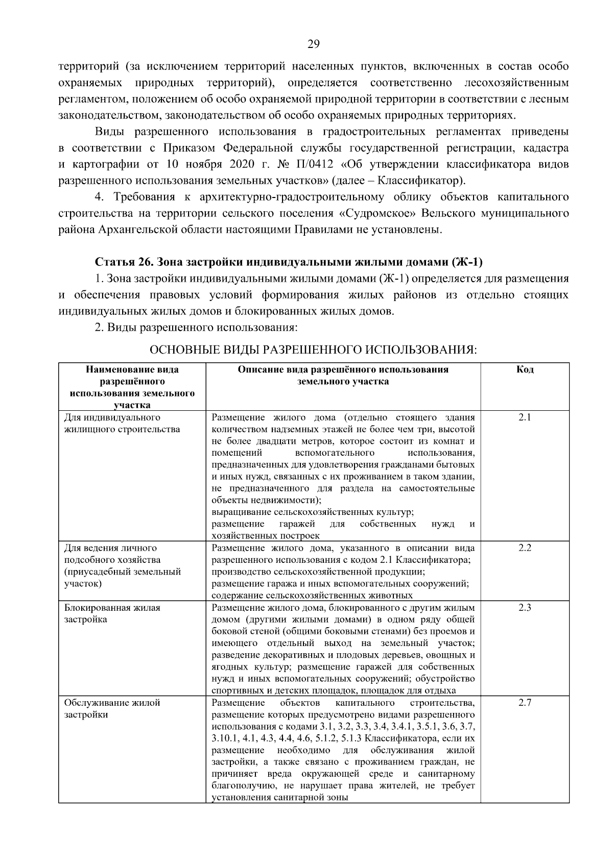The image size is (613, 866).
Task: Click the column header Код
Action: coord(525,369)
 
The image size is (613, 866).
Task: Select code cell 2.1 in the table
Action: coord(525,417)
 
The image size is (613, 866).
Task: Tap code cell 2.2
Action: coord(525,548)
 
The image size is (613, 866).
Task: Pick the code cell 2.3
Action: coord(525,608)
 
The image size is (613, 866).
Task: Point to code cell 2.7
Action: coord(525,703)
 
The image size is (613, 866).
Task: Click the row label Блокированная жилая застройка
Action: coord(112,613)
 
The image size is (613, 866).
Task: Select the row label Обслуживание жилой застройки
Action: coord(112,708)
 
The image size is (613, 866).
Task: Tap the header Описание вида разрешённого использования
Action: coord(343,375)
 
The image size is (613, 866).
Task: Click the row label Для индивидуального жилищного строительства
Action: coord(122,423)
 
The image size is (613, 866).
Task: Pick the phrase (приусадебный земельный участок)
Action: coord(122,577)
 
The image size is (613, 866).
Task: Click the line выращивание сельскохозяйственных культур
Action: coord(312,512)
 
